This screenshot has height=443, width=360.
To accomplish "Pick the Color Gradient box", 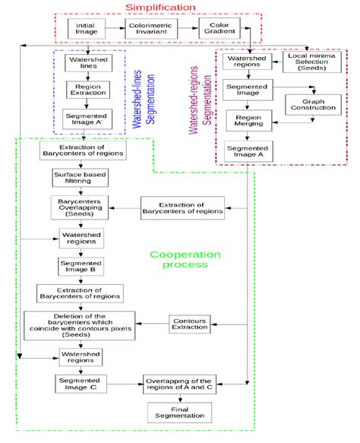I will click(219, 29).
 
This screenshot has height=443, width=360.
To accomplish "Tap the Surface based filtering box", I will click(80, 177).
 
